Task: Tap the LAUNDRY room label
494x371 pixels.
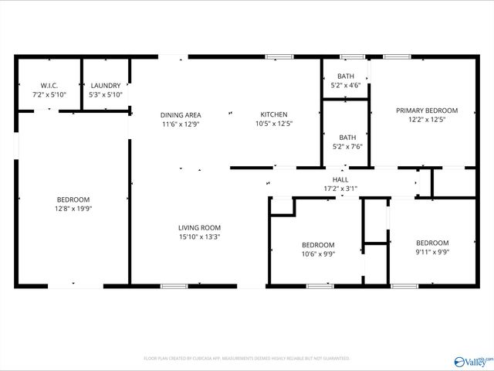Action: (106, 85)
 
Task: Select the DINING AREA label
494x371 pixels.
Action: (181, 115)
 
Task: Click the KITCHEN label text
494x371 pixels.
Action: (273, 115)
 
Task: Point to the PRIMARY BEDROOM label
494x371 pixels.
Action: (427, 111)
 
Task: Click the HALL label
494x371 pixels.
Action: (340, 179)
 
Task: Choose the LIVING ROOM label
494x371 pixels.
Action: (200, 227)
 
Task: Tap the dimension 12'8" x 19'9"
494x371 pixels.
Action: (73, 208)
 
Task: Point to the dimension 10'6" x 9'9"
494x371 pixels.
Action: (318, 254)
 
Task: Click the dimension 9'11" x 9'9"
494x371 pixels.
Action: (432, 251)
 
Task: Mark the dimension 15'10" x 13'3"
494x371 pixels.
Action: (200, 237)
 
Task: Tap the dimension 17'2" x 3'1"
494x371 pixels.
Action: (340, 188)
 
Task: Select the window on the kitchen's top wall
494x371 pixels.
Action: (279, 56)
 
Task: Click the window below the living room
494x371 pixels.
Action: (174, 287)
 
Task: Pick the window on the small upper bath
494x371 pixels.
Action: (353, 56)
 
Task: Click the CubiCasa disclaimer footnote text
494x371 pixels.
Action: (247, 359)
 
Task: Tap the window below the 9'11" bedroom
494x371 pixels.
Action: (403, 287)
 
